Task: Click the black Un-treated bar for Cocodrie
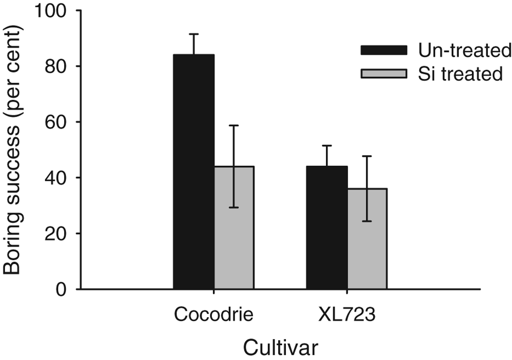(x=194, y=172)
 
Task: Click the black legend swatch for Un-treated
(x=384, y=50)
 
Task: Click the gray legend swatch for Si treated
(x=384, y=73)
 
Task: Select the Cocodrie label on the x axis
(x=214, y=314)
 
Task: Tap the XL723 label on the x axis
(x=347, y=314)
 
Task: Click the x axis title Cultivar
(x=281, y=348)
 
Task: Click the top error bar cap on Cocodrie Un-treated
(x=194, y=34)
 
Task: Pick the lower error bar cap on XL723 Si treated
(x=367, y=221)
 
